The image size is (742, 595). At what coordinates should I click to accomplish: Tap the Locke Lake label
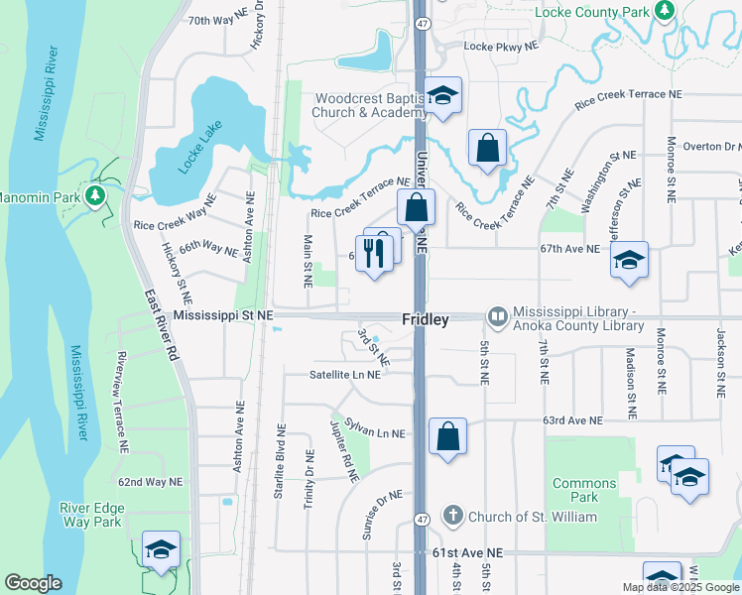196,147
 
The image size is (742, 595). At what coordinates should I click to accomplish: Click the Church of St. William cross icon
452,516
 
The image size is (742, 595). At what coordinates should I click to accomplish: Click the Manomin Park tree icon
95,195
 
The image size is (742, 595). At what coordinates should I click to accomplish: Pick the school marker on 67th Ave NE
629,260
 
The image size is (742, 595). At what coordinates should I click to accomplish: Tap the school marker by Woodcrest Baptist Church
443,95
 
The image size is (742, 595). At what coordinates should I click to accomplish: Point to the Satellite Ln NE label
344,375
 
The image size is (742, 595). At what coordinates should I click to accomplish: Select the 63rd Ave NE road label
572,420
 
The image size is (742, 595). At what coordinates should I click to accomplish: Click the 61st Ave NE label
467,552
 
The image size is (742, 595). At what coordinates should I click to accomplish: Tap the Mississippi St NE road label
222,315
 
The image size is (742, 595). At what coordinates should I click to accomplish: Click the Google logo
33,583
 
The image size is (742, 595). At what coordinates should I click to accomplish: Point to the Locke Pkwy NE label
501,46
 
